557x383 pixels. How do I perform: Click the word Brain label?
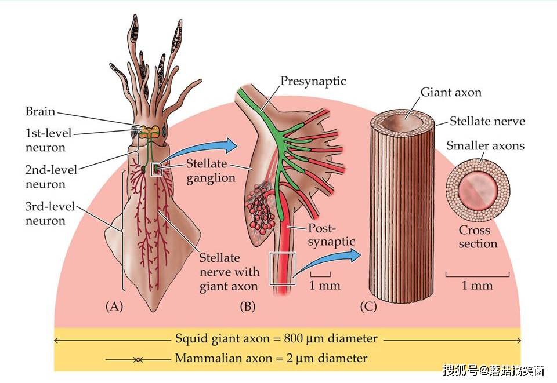pos(40,111)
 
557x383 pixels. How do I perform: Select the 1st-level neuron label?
pos(48,140)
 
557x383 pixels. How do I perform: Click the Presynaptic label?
pos(313,81)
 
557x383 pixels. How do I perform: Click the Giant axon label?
pos(450,92)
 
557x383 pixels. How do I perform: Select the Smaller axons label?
pos(485,145)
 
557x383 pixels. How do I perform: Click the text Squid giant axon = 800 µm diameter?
pos(276,338)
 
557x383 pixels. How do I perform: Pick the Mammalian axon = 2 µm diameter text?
pos(271,358)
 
